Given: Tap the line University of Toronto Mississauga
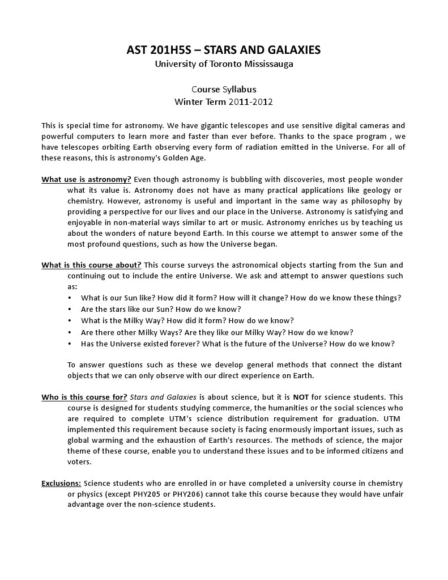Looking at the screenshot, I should point(224,64).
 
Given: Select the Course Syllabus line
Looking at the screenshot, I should point(224,89).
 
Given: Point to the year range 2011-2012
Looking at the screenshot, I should point(251,102).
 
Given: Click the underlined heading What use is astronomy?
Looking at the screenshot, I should point(86,180).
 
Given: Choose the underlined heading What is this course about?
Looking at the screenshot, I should point(91,265).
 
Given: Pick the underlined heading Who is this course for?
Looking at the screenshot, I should point(84,397).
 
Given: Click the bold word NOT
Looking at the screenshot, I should point(301,397).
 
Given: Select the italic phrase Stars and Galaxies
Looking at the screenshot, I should point(163,397).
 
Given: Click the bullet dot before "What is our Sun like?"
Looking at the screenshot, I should point(70,298).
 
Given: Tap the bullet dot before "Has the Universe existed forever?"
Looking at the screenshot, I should point(70,344).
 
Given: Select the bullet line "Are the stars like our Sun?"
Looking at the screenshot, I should point(161,309).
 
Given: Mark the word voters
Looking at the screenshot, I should point(79,462).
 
